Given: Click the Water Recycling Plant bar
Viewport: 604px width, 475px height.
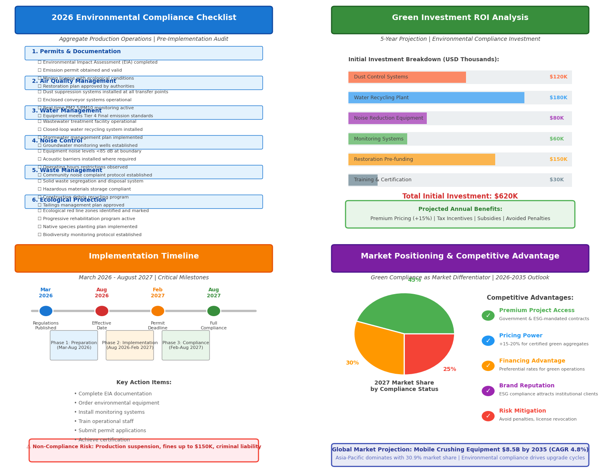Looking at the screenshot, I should coord(436,98).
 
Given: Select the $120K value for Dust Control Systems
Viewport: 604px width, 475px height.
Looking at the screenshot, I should coord(558,77).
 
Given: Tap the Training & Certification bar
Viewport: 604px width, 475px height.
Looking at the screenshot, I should coord(363,180).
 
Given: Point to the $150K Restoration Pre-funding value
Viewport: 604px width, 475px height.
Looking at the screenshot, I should coord(558,159).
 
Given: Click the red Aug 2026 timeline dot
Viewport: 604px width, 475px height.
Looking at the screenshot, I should coord(102,311).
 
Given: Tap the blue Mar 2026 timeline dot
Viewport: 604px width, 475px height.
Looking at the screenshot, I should coord(46,311).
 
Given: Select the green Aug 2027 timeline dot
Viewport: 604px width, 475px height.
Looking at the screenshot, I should coord(214,311).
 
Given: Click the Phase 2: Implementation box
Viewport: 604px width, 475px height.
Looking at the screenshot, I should coord(130,345).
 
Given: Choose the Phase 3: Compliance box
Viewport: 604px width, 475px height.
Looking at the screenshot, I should coord(186,345).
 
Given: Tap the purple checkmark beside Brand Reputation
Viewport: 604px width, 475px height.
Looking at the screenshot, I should coord(488,391).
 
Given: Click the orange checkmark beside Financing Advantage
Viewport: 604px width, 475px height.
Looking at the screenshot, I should coord(488,366).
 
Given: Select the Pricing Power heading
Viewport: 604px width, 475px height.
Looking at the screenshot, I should coord(520,336).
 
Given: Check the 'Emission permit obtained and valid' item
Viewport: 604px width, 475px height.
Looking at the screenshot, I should coord(40,70).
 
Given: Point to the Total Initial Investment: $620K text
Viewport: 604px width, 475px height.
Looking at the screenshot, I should coord(460,196).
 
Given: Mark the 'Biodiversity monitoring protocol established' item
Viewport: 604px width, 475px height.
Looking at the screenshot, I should coord(40,235).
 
